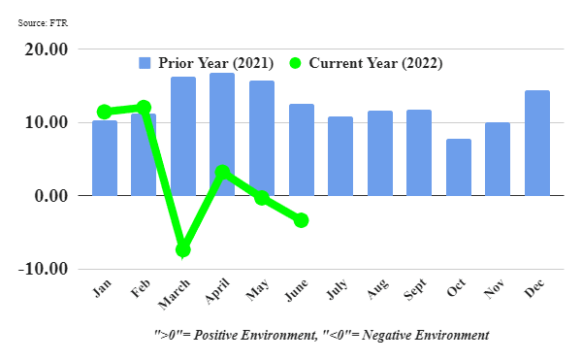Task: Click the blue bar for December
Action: [x=536, y=143]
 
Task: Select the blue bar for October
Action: [x=459, y=167]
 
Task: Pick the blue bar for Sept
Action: [x=419, y=152]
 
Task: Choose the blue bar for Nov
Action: [x=498, y=158]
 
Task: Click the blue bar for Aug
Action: [x=380, y=152]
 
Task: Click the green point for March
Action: [x=183, y=249]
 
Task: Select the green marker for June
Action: [x=301, y=220]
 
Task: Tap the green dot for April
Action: [x=222, y=173]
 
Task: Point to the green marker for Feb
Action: [x=144, y=107]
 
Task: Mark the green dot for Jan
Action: [x=105, y=112]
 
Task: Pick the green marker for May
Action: [x=262, y=198]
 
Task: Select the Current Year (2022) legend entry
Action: [x=365, y=63]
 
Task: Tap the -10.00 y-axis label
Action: [x=43, y=269]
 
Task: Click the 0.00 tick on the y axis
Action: [x=49, y=196]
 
